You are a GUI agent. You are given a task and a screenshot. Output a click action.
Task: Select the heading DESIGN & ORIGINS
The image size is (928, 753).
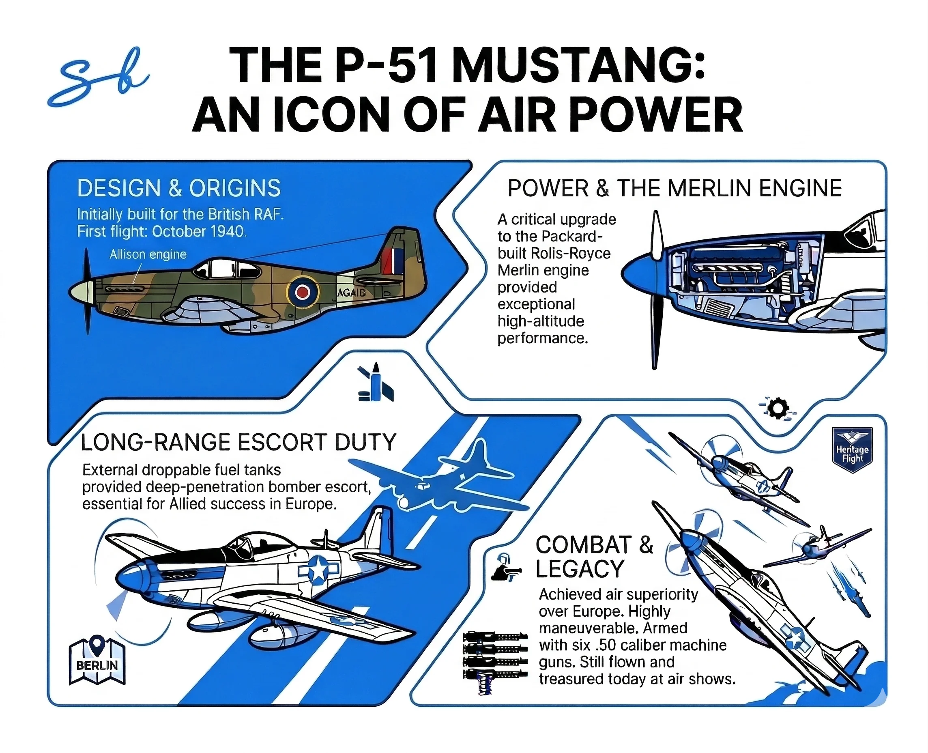pos(178,188)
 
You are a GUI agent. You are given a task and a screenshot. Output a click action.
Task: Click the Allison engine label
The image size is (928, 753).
pos(148,254)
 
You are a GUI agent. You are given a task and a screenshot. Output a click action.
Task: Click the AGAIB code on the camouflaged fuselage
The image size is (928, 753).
pos(352,293)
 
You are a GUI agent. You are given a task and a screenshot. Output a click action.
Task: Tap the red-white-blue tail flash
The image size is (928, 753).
pos(393,261)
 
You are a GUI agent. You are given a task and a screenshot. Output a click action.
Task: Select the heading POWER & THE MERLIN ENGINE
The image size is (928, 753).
pos(675,188)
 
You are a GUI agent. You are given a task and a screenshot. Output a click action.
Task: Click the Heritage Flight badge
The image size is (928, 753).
pos(852,450)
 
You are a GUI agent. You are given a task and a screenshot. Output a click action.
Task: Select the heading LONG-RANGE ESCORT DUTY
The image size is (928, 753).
pos(238,443)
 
